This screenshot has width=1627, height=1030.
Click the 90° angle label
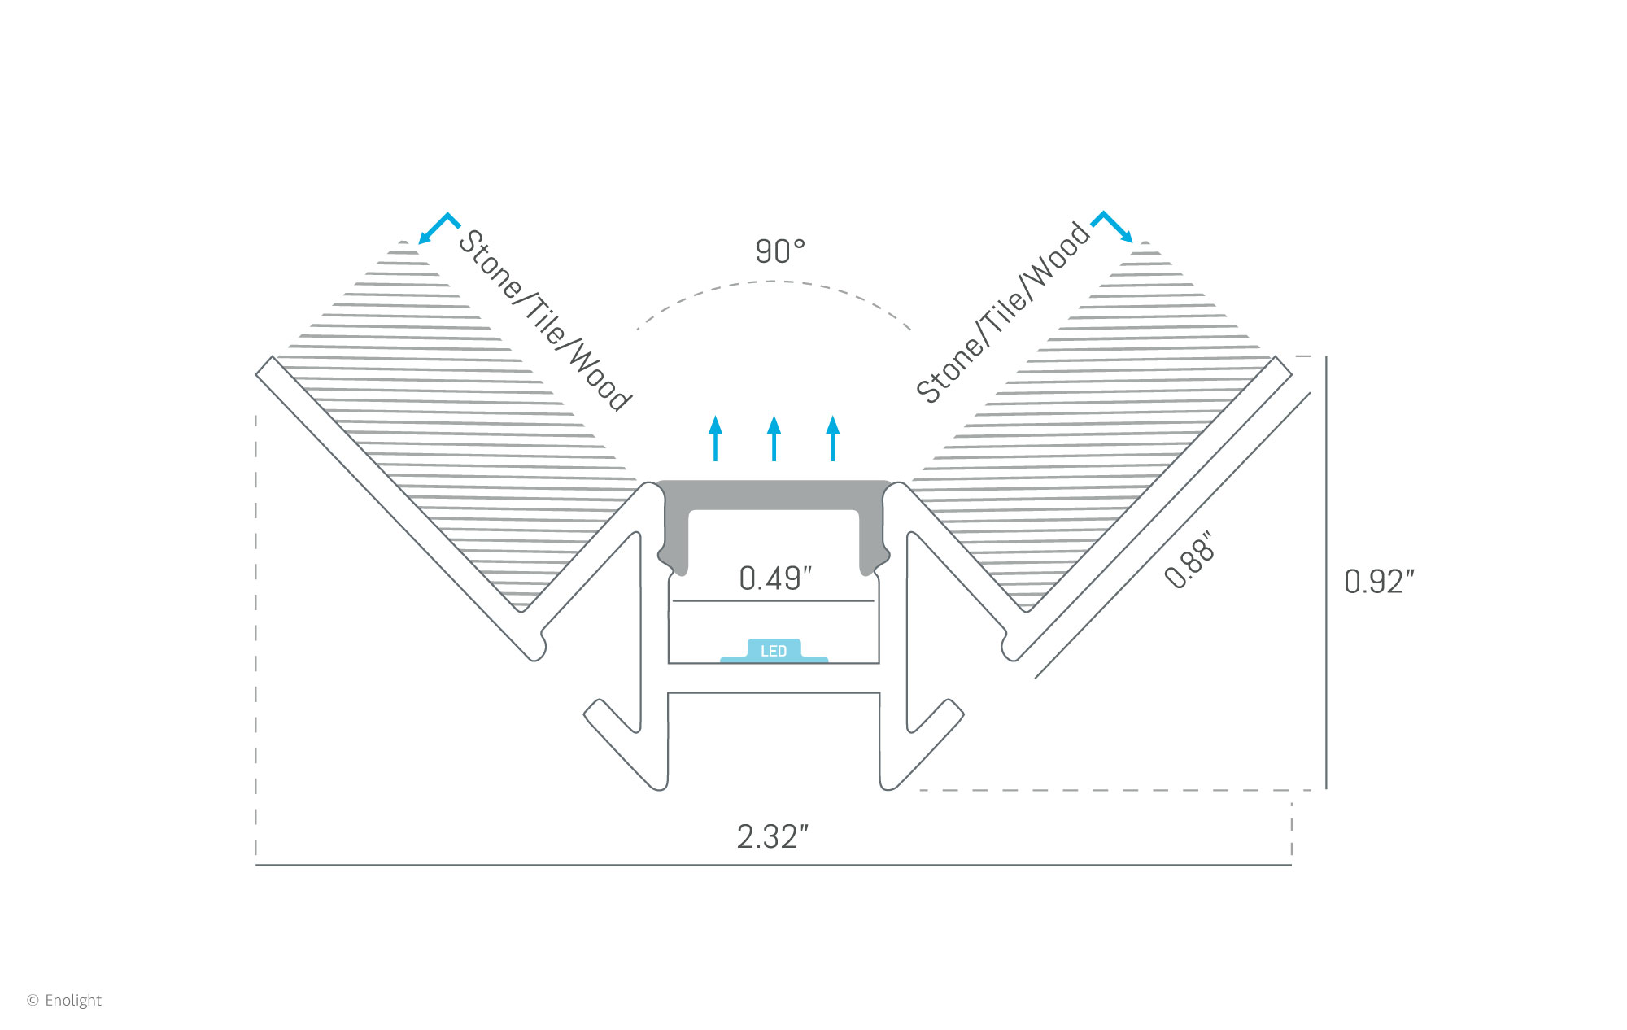tap(779, 251)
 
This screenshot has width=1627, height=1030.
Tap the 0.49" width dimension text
tap(774, 578)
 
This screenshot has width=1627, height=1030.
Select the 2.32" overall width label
tap(772, 836)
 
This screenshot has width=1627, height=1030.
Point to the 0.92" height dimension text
tap(1379, 582)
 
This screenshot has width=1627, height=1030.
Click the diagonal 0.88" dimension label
tap(1189, 561)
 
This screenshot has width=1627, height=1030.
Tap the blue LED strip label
tap(774, 651)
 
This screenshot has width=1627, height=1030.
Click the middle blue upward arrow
tap(774, 439)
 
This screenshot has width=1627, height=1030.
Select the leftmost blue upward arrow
tap(715, 439)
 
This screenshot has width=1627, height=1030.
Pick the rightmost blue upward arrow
tap(832, 439)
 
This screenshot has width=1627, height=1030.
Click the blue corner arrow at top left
tap(438, 227)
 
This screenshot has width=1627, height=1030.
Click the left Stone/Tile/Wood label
tap(544, 321)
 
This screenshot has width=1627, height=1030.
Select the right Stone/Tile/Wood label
tap(1002, 312)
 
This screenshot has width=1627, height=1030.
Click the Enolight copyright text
tap(65, 1000)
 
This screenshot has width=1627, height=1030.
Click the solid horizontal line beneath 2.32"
tap(773, 865)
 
